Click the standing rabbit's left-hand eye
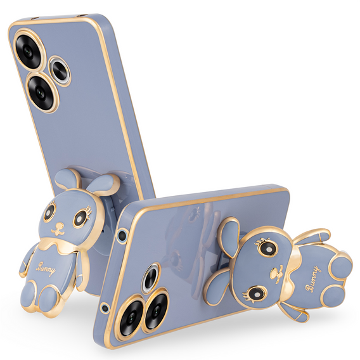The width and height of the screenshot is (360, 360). pyautogui.click(x=49, y=213)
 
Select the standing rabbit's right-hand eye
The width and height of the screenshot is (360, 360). pyautogui.click(x=80, y=219)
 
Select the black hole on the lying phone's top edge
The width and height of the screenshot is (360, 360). pyautogui.click(x=122, y=236)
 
